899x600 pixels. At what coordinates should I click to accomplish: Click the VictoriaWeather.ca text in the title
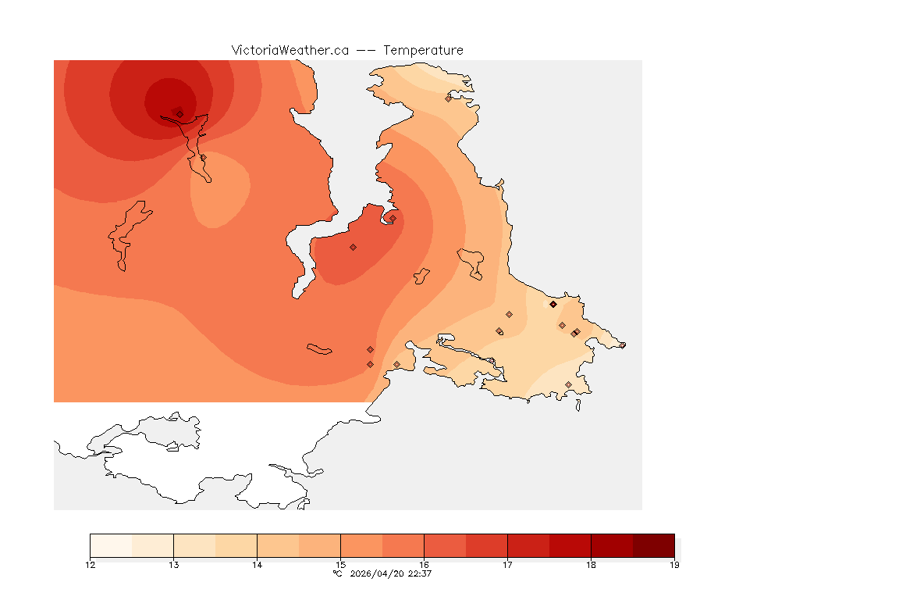pos(290,50)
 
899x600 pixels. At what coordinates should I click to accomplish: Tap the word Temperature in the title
pos(422,50)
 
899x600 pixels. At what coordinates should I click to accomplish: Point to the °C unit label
pos(337,573)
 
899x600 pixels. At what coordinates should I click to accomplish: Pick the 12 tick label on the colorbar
pos(91,565)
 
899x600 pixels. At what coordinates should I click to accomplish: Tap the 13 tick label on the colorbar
pos(173,565)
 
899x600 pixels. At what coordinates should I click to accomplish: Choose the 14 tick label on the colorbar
pos(257,565)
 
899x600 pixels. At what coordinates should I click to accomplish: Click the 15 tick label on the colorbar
pos(340,565)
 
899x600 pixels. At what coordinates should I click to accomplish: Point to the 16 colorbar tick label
pos(424,565)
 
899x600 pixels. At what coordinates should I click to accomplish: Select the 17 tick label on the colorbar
pos(507,565)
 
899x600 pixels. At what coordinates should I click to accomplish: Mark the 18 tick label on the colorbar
pos(591,565)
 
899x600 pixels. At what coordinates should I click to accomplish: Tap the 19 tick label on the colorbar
pos(673,565)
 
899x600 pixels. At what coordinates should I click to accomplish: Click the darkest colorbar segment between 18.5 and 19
pos(653,545)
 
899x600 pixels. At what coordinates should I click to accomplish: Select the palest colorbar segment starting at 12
pos(111,545)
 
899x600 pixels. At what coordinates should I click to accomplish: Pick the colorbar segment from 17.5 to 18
pos(570,545)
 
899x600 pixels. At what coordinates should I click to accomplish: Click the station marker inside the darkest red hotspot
pos(179,113)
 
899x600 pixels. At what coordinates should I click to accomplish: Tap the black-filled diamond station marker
pos(553,304)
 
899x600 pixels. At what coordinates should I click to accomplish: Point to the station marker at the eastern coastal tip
pos(622,345)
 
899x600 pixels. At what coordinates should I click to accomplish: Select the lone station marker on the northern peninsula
pos(448,98)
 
